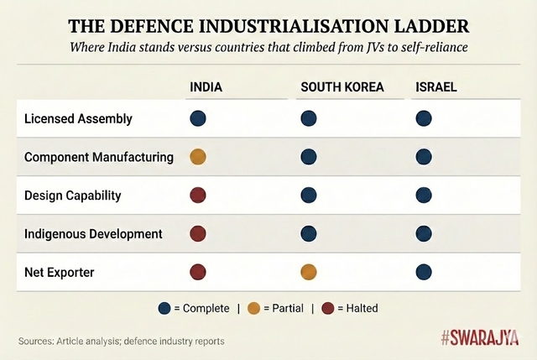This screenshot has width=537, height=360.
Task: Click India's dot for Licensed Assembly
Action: coord(198,118)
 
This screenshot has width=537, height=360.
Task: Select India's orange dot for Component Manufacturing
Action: coord(198,156)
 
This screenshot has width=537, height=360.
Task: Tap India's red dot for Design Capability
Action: coord(198,195)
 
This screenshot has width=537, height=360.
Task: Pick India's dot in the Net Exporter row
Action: coord(198,271)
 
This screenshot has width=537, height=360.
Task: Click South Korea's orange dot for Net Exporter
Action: coord(309,271)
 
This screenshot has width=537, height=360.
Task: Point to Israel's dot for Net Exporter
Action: coord(424,271)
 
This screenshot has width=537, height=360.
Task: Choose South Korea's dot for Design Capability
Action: coord(309,195)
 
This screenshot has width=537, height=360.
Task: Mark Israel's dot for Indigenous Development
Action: coord(424,232)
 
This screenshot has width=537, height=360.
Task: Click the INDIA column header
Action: coord(206,87)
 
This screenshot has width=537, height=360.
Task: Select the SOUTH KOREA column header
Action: coord(341,87)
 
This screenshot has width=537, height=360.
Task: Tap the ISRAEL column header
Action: coord(436,87)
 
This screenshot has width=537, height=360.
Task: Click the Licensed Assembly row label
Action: coord(78,119)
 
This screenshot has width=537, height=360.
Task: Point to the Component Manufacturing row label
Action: coord(99,157)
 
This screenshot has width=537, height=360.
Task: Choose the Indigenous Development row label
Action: coord(93,233)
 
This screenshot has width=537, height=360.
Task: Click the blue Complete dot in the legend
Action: coord(164,308)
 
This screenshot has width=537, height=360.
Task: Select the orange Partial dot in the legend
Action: coord(253,308)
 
